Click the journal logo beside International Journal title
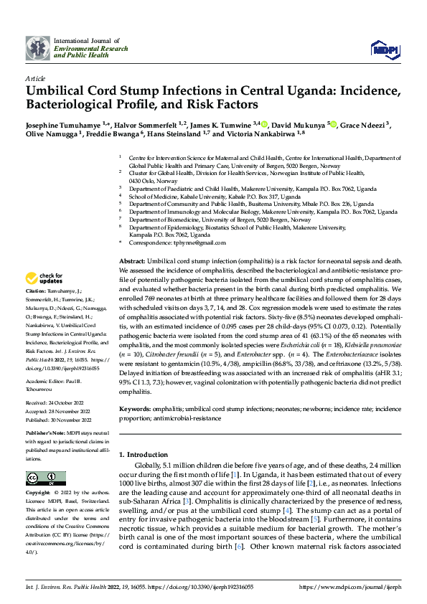click(x=37, y=49)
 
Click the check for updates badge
click(x=44, y=278)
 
